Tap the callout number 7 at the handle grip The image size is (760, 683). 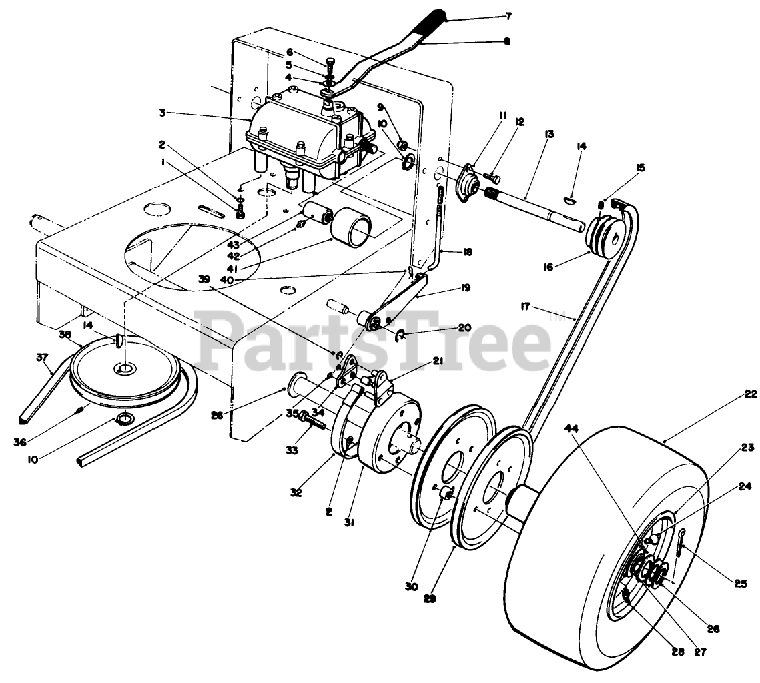tap(508, 15)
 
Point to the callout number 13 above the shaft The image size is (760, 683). tap(549, 134)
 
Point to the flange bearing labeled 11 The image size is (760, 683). tap(466, 179)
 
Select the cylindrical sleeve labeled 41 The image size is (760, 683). tap(354, 227)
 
